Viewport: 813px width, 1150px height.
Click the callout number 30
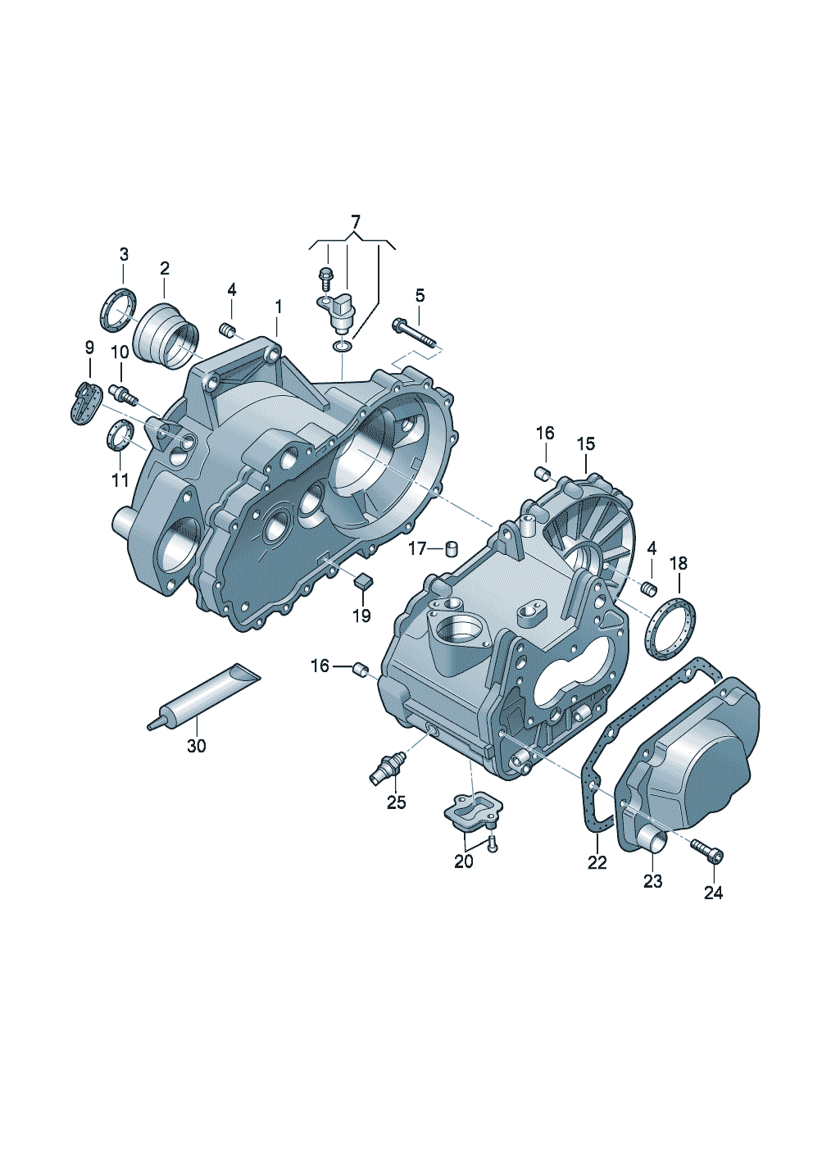(196, 746)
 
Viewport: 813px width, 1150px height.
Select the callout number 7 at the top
(355, 222)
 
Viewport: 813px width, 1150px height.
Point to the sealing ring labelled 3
(117, 310)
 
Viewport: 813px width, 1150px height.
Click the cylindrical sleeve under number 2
(166, 336)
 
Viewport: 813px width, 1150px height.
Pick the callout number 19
(362, 615)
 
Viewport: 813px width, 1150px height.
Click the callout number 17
(417, 549)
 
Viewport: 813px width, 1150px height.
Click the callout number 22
(597, 862)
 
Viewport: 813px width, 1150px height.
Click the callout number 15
(586, 444)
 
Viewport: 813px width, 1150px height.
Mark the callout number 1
(278, 307)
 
